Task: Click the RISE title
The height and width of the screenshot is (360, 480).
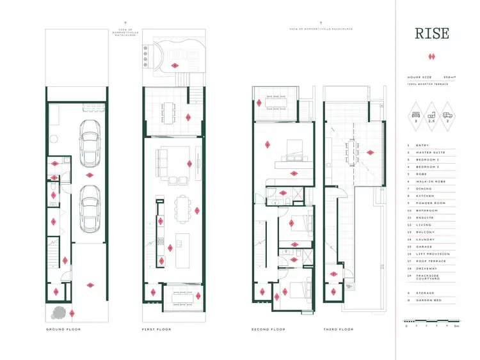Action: pyautogui.click(x=432, y=33)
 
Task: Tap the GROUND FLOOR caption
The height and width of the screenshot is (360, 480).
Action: pyautogui.click(x=63, y=329)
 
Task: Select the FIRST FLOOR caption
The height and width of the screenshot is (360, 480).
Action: pyautogui.click(x=155, y=329)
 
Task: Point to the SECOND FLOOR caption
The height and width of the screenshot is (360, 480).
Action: pyautogui.click(x=269, y=329)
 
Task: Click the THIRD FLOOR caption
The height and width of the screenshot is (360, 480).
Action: pyautogui.click(x=337, y=329)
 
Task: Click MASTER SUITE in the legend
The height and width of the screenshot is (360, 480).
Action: pyautogui.click(x=426, y=152)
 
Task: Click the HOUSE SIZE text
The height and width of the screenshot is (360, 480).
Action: pyautogui.click(x=420, y=77)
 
